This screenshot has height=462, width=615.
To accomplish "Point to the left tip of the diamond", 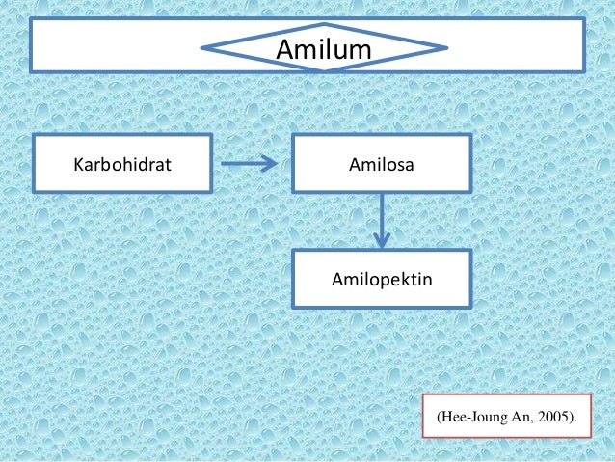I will coord(204,45).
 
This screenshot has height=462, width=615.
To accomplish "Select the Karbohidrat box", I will coord(122,164).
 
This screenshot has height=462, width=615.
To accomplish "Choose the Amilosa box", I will coord(382,164).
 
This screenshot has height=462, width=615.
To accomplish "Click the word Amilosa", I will coord(382,164).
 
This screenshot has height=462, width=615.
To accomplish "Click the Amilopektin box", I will coord(382,281).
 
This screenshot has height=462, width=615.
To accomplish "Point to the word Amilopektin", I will coord(382,281).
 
